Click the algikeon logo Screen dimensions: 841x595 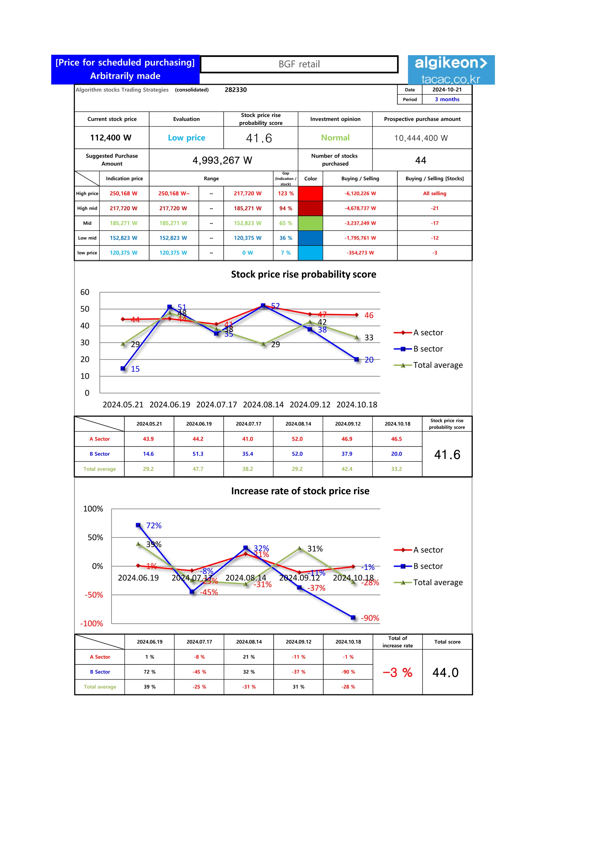point(451,70)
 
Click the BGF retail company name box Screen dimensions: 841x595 point(299,64)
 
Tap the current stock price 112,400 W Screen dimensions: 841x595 point(111,138)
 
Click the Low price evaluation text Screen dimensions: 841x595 point(187,138)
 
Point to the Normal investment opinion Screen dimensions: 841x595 point(335,138)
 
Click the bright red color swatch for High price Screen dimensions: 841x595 point(310,193)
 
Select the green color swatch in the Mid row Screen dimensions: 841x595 point(310,223)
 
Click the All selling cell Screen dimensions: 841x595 point(435,193)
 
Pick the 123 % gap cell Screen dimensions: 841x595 point(285,193)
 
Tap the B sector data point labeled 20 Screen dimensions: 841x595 point(356,359)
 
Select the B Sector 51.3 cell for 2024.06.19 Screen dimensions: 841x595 point(198,454)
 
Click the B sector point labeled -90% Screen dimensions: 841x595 point(353,618)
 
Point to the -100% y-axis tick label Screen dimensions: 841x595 point(92,623)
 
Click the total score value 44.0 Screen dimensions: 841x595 point(445,673)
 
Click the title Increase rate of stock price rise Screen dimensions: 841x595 point(300,491)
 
